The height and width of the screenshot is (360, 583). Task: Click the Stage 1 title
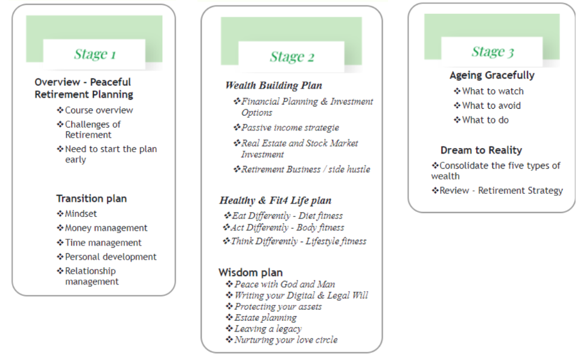coord(95,54)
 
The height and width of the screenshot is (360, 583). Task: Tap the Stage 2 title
coord(292,57)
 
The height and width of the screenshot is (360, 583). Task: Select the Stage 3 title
coord(492,52)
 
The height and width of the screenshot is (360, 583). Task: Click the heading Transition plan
coord(92,199)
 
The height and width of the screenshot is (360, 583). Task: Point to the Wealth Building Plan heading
coord(273,86)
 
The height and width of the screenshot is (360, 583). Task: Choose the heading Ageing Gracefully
coord(492,76)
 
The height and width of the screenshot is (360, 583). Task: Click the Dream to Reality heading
coord(481,150)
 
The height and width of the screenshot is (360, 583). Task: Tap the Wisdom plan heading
coord(250,272)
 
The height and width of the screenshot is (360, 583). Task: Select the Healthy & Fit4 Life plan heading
coord(275,201)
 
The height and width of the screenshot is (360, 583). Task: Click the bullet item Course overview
coord(99,110)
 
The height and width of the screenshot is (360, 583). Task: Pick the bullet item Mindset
coord(81,214)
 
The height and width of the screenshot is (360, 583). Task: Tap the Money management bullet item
coord(106,228)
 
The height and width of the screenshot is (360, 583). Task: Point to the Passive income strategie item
coord(290,127)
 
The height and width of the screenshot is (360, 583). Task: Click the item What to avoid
coord(491,106)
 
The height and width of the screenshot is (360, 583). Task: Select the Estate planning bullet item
coord(266,318)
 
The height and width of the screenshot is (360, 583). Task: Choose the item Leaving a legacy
coord(268,329)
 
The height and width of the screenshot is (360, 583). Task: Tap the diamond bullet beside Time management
coord(60,243)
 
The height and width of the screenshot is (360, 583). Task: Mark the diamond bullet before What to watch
coord(457,91)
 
